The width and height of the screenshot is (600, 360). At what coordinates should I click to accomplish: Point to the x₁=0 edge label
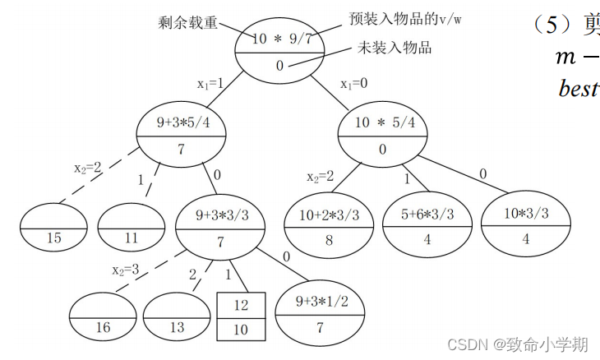pyautogui.click(x=355, y=83)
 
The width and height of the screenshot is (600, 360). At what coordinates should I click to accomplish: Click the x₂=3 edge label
pyautogui.click(x=126, y=270)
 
